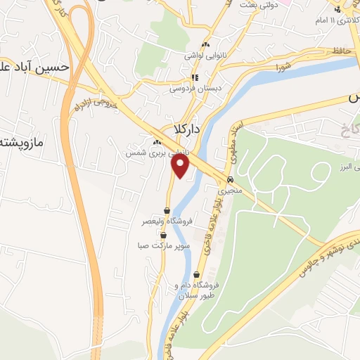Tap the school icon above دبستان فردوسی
[x=195, y=78]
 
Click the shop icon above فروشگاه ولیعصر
[x=167, y=210]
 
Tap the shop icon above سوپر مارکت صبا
[x=163, y=236]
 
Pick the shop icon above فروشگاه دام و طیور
[x=196, y=274]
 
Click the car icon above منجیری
[x=230, y=179]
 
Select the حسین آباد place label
[x=35, y=67]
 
